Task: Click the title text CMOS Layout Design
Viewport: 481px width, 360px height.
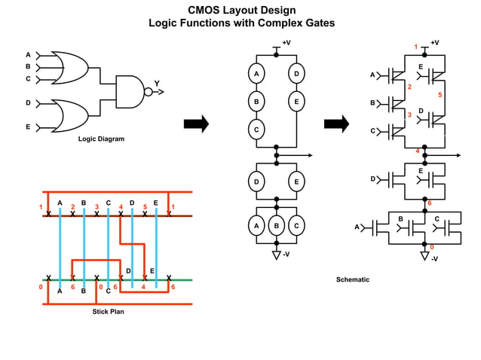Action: coord(241,10)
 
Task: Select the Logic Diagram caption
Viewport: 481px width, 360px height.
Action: coord(101,139)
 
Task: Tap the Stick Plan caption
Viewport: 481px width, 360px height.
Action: coord(108,312)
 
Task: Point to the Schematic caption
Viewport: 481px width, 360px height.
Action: coord(353,279)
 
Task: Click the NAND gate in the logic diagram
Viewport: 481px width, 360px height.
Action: coord(130,91)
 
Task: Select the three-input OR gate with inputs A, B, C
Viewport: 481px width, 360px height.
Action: coord(69,66)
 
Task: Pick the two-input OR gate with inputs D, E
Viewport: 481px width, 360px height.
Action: coord(69,114)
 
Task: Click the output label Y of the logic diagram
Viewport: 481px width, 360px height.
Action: coord(157,84)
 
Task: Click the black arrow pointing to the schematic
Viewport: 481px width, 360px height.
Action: coord(336,124)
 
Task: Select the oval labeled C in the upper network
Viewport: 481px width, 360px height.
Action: coord(256,130)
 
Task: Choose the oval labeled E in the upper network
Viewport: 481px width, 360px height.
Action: coord(296,102)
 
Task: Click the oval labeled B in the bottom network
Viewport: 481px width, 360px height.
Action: coord(277,226)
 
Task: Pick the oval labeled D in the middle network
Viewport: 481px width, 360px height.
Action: coord(256,182)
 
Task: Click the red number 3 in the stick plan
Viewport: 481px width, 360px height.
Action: coord(97,206)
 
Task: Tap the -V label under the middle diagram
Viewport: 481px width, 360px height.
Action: coord(286,254)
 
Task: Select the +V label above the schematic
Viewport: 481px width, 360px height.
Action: coord(434,43)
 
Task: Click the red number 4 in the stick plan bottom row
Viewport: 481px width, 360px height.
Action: coord(143,287)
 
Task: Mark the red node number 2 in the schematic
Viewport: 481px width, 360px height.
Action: coord(409,87)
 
